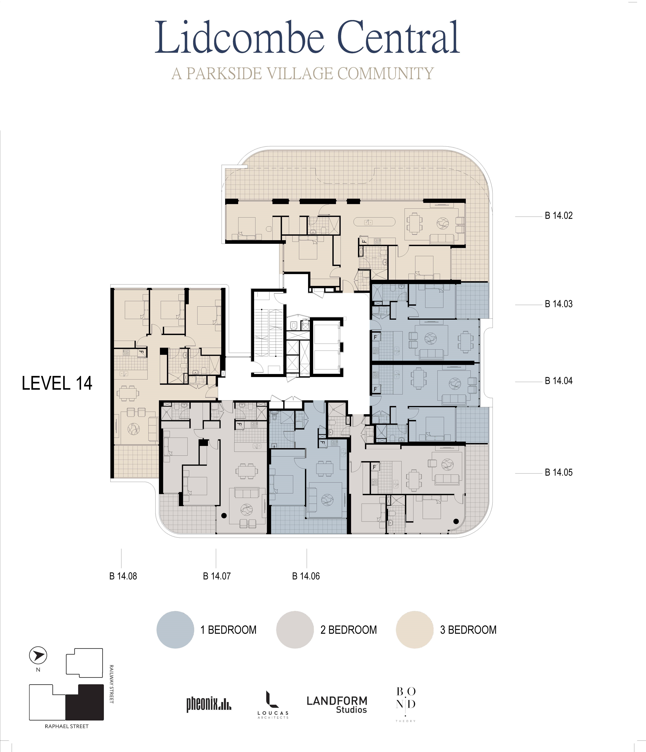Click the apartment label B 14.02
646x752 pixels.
coord(558,216)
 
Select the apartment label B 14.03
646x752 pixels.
coord(558,304)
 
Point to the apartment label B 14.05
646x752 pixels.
coord(558,472)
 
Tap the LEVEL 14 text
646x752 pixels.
coord(57,383)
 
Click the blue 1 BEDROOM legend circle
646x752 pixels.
coord(175,630)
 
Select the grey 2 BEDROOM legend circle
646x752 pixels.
coord(295,630)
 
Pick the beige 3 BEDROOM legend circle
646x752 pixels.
coord(415,630)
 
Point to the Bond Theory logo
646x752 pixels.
coord(406,704)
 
